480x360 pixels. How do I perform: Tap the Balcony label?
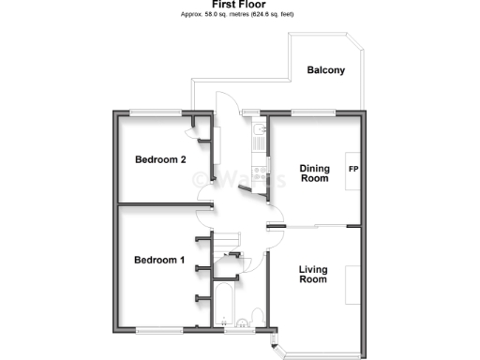(x=326, y=70)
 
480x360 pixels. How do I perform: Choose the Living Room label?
(x=313, y=275)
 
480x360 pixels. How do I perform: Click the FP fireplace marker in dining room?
(x=354, y=170)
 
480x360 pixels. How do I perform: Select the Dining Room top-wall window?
(x=313, y=113)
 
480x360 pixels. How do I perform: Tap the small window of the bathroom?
(x=236, y=330)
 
